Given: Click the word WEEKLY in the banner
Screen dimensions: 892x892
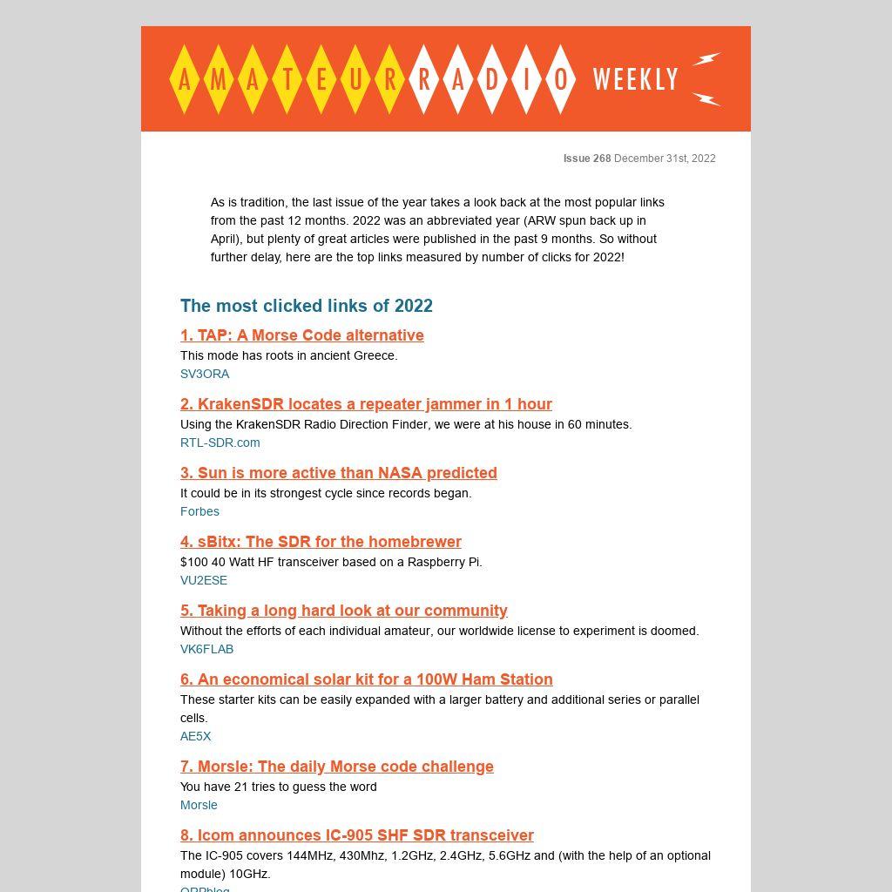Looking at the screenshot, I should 635,79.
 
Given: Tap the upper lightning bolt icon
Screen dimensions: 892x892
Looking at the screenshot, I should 706,59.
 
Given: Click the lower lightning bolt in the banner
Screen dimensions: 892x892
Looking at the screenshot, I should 706,98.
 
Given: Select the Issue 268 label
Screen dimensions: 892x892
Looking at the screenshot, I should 587,159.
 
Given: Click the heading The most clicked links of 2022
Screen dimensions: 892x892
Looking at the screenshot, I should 307,306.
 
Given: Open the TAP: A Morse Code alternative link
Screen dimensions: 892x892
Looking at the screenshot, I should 302,335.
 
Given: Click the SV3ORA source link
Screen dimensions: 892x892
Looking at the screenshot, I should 205,374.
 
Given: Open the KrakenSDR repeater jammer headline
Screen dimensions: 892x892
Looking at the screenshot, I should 366,404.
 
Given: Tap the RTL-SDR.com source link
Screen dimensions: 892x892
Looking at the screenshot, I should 220,443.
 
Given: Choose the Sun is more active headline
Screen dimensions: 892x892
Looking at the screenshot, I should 339,473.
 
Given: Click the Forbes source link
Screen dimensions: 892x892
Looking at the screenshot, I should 199,511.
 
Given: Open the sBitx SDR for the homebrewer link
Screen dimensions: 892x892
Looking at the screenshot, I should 321,542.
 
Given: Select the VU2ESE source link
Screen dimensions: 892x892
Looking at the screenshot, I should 204,580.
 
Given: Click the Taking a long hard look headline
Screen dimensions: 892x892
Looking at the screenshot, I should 344,611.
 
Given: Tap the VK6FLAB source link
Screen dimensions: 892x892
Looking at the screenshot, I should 206,649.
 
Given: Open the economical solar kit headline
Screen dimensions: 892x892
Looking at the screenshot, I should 367,679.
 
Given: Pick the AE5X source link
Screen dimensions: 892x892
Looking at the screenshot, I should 196,736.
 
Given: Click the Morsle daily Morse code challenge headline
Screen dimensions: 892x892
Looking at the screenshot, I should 337,767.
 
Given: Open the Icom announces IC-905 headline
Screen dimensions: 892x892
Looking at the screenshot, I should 357,835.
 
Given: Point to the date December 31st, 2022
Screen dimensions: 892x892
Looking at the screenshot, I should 665,159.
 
